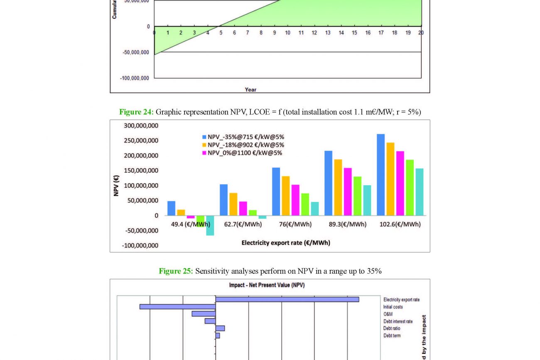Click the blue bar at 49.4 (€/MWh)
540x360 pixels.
tap(171, 208)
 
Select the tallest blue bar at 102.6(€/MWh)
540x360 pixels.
tap(380, 174)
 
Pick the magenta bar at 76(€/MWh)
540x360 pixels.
tap(295, 200)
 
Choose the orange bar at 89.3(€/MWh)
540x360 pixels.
tap(338, 187)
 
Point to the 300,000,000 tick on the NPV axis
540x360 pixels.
tap(141, 126)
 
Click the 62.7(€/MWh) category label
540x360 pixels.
tap(243, 224)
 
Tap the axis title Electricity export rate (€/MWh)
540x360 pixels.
tap(286, 242)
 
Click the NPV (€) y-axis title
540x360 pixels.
tap(116, 186)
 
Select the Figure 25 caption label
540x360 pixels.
tap(176, 271)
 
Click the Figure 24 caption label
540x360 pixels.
tap(136, 112)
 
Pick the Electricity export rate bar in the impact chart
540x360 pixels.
tap(287, 299)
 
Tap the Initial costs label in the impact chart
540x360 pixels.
tap(393, 307)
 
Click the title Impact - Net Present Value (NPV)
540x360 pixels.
tap(267, 285)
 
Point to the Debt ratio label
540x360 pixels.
tap(392, 328)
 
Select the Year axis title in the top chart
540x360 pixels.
tap(250, 89)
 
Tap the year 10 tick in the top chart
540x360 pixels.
tap(287, 33)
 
